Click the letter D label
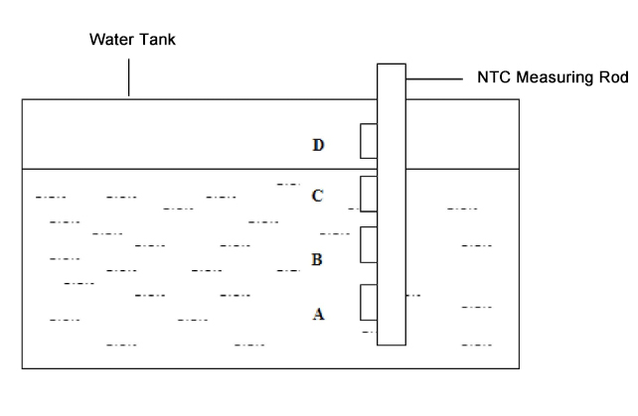pyautogui.click(x=318, y=145)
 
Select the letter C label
pyautogui.click(x=318, y=196)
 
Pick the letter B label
pyautogui.click(x=317, y=260)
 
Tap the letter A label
pyautogui.click(x=318, y=313)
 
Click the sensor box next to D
pyautogui.click(x=369, y=141)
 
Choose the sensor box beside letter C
pyautogui.click(x=369, y=194)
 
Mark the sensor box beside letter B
pyautogui.click(x=369, y=243)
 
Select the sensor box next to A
pyautogui.click(x=369, y=302)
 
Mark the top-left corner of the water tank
pyautogui.click(x=22, y=99)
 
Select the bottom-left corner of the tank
pyautogui.click(x=22, y=368)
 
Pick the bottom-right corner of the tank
pyautogui.click(x=518, y=368)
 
